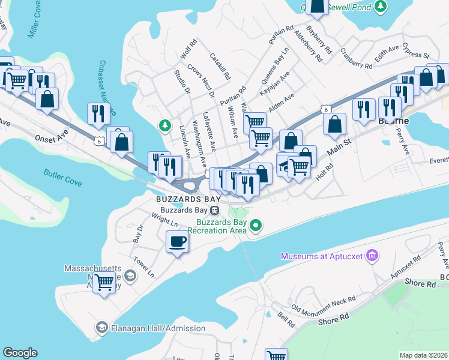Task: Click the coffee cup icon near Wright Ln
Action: (x=177, y=242)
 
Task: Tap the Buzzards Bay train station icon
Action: (x=214, y=210)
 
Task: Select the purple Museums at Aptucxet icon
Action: (x=372, y=257)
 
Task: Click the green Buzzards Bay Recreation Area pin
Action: (x=256, y=226)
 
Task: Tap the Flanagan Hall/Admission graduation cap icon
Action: (x=101, y=328)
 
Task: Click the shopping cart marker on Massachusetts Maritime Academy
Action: (x=104, y=282)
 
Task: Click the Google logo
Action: (x=20, y=353)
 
